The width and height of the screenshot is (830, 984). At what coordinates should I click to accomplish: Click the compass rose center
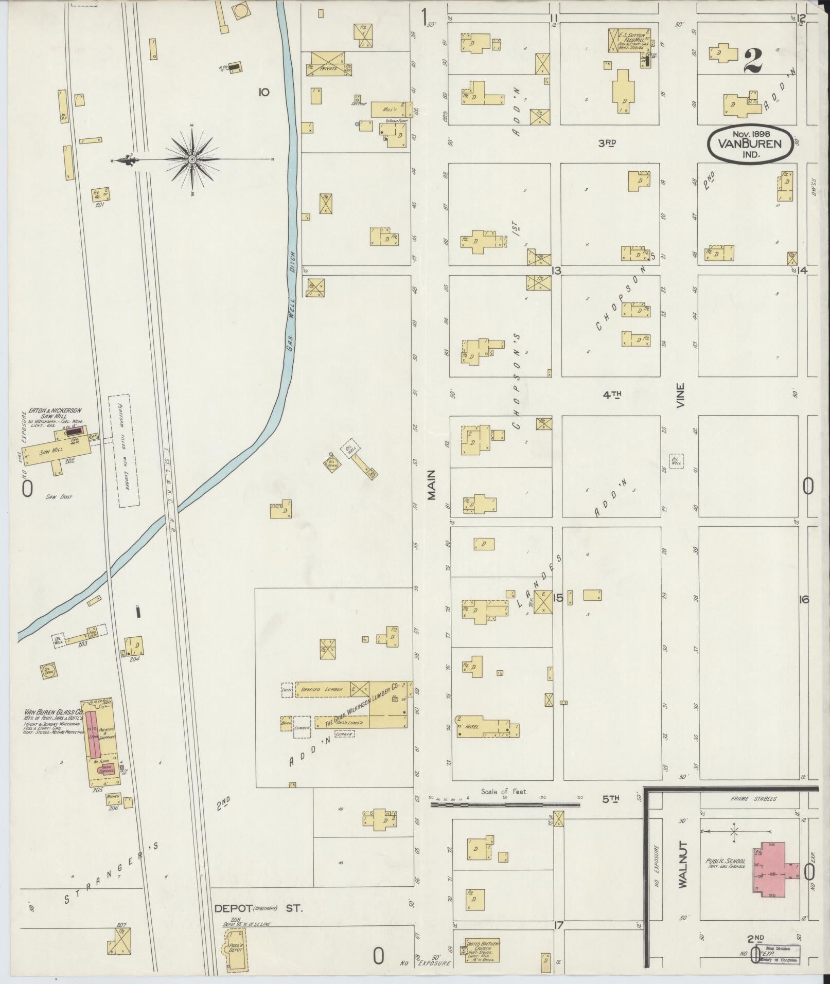192,159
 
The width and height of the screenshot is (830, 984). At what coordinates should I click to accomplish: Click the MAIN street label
431,485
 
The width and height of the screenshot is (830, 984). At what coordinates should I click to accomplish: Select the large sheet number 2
752,60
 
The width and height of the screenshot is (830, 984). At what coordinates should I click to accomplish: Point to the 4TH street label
612,395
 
